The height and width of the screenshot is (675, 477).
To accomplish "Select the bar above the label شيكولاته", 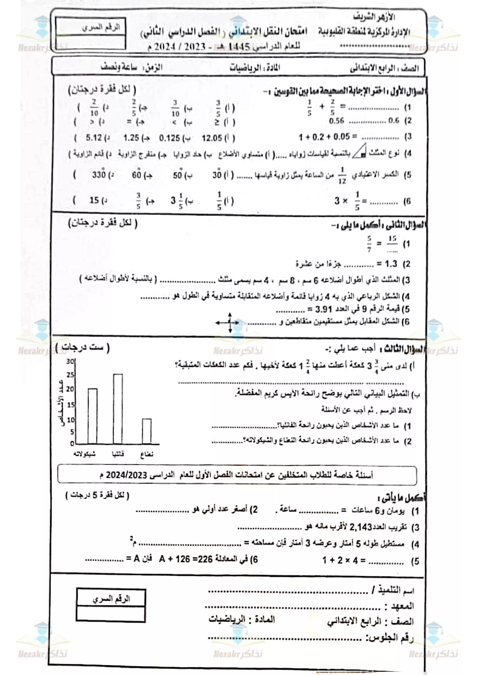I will [93, 416].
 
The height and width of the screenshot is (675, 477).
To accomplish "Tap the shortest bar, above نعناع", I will [147, 431].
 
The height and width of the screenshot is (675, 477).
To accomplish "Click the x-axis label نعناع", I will [147, 454].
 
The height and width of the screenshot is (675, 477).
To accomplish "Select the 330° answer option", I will [99, 175].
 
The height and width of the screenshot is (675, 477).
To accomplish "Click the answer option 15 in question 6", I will [94, 200].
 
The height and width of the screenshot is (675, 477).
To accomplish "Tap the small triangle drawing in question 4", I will [360, 151].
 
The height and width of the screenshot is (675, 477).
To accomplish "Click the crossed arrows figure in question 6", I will [230, 322].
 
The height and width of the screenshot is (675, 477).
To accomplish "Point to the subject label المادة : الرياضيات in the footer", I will [242, 619].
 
